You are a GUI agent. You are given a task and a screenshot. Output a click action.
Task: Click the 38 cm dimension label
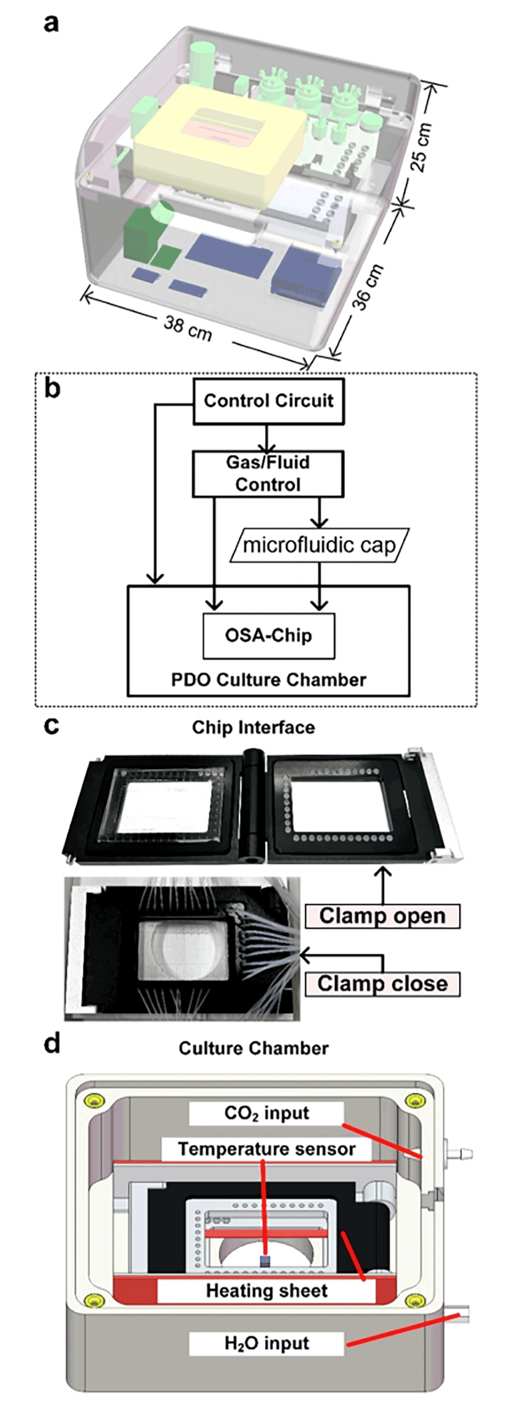point(188,328)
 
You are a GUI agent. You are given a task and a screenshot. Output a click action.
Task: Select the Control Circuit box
point(268,401)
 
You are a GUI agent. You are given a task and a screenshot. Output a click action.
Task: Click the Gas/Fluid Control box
point(268,473)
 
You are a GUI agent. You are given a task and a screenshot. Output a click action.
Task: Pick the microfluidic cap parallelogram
point(319,545)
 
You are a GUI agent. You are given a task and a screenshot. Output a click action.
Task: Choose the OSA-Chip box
point(268,636)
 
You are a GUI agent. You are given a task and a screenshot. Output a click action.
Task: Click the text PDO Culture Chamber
point(268,680)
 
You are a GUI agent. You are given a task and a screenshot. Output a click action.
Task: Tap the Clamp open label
point(382,916)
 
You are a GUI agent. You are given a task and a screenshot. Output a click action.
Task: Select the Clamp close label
point(382,984)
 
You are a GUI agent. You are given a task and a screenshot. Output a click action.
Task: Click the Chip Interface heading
point(253,728)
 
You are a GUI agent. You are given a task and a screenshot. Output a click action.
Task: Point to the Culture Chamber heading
point(253,1048)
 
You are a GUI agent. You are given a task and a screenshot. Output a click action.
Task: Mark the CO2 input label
point(266,1113)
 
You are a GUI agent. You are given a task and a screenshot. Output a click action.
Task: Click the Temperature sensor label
point(266,1149)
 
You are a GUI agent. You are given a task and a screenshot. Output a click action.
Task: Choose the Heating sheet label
point(266,1291)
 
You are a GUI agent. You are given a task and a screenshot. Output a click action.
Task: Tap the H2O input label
point(266,1343)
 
